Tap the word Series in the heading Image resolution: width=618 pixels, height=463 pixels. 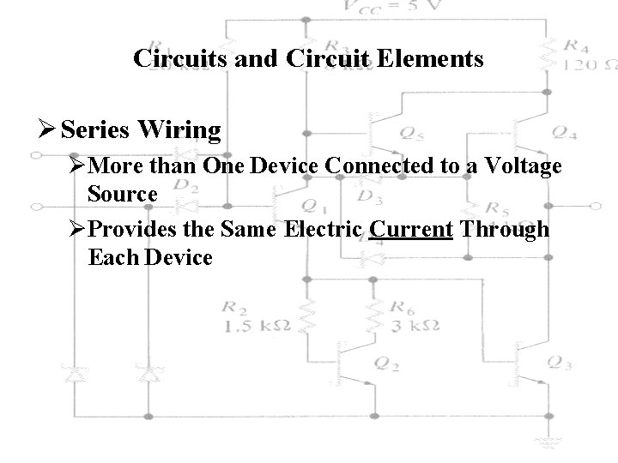[x=94, y=130]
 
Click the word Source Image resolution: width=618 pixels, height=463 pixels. [x=122, y=194]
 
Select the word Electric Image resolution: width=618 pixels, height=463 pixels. [x=334, y=231]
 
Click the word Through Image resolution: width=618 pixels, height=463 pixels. [x=506, y=231]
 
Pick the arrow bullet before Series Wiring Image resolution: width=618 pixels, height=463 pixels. [x=49, y=130]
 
